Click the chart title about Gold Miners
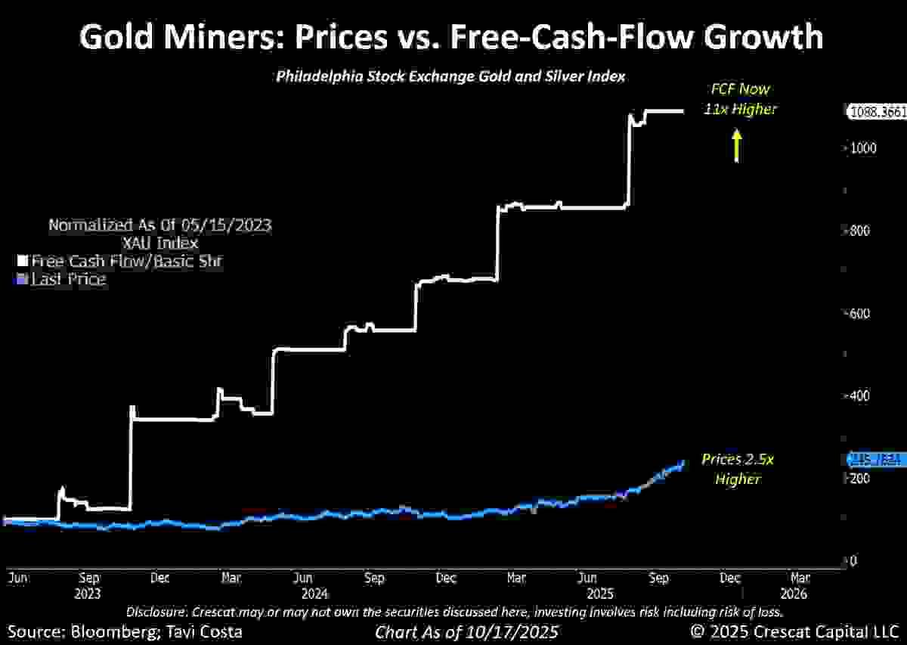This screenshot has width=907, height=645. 451,37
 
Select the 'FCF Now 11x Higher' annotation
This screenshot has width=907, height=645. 744,99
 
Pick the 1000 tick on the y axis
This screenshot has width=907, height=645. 862,148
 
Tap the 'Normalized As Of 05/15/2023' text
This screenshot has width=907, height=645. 159,225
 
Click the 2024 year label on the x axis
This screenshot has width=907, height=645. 308,594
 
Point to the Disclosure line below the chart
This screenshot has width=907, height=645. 453,611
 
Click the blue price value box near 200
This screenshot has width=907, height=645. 875,459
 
